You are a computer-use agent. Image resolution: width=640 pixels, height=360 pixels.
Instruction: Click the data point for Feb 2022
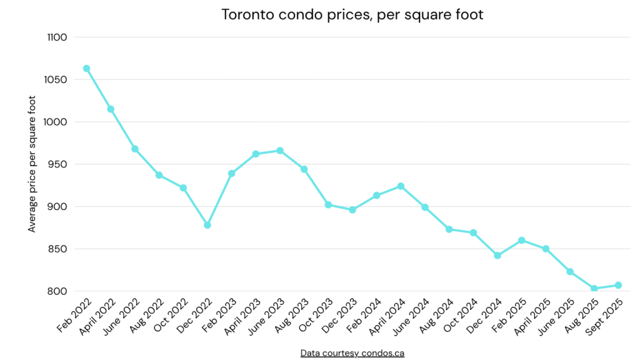pos(86,68)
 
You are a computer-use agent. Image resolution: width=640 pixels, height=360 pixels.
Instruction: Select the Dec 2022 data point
pos(207,225)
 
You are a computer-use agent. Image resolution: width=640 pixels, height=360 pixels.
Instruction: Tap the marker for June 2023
pos(280,151)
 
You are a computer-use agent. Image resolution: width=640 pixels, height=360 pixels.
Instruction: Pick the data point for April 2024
pos(401,186)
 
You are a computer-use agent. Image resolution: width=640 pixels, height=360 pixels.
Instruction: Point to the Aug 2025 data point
pos(594,289)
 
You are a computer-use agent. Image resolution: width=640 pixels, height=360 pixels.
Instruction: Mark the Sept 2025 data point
pos(618,285)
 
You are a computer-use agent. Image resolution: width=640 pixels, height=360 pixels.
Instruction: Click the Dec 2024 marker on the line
pos(497,256)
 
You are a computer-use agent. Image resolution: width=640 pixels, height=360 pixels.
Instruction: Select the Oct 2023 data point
pos(328,205)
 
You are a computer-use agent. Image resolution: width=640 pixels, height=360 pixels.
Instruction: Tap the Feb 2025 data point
pos(521,240)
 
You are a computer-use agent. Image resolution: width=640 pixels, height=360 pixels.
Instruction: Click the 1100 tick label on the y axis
pos(56,37)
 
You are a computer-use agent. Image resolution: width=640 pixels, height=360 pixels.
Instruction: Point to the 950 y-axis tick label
pos(58,164)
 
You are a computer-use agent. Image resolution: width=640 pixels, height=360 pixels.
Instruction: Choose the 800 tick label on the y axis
pos(58,291)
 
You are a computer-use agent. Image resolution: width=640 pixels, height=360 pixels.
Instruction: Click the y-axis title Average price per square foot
pos(32,164)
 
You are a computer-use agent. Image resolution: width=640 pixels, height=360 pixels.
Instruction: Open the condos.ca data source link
pos(352,353)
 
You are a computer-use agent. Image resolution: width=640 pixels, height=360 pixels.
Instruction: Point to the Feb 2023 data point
pos(231,173)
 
